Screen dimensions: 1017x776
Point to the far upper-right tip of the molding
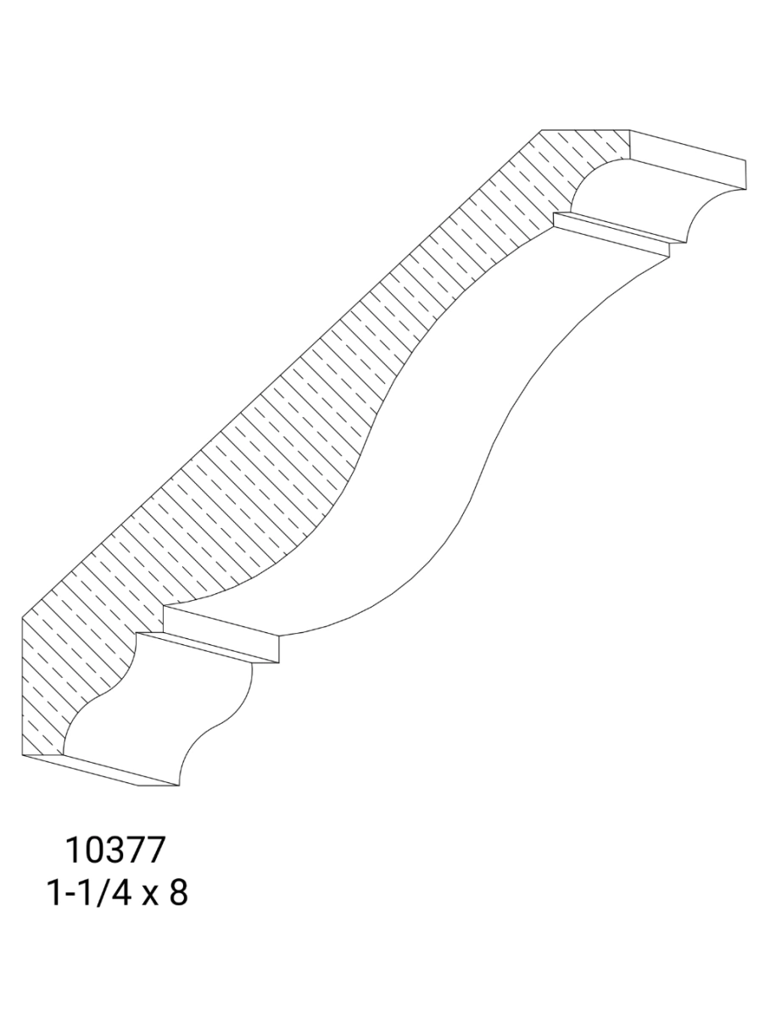click(x=746, y=162)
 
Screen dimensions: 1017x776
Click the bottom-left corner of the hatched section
click(x=20, y=752)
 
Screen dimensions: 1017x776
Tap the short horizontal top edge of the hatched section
click(x=585, y=130)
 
